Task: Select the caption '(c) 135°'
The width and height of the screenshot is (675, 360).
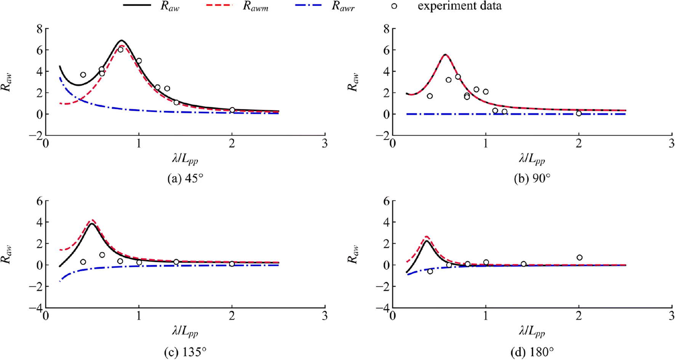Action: point(185,352)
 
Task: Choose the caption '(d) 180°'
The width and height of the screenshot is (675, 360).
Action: point(532,352)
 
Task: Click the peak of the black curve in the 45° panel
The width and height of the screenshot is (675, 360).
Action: point(122,40)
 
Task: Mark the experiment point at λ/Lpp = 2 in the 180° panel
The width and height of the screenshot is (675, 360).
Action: point(579,258)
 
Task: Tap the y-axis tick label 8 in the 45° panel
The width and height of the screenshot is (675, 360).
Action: point(38,29)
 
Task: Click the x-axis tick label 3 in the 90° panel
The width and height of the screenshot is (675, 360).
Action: point(672,144)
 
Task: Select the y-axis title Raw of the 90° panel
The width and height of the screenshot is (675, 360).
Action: point(353,82)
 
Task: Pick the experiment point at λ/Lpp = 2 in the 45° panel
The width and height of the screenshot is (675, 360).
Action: point(232,110)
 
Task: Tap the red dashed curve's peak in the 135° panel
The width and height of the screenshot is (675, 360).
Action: point(91,220)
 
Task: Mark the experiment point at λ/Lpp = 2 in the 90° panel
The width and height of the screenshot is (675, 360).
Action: point(579,114)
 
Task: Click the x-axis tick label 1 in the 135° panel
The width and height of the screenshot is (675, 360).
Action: point(139,317)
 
